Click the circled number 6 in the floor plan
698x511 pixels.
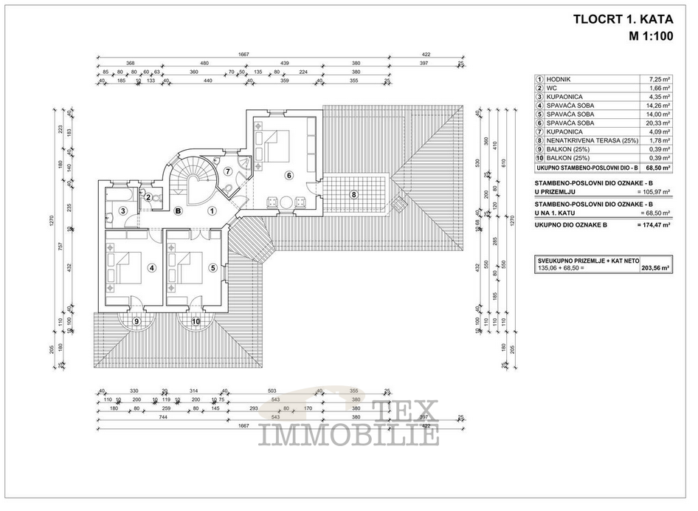coord(289,175)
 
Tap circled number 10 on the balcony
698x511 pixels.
coord(196,321)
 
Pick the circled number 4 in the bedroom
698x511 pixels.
coord(151,268)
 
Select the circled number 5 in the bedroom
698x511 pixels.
coord(212,268)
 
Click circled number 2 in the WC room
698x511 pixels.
coord(148,197)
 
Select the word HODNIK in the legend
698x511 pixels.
coord(561,79)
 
